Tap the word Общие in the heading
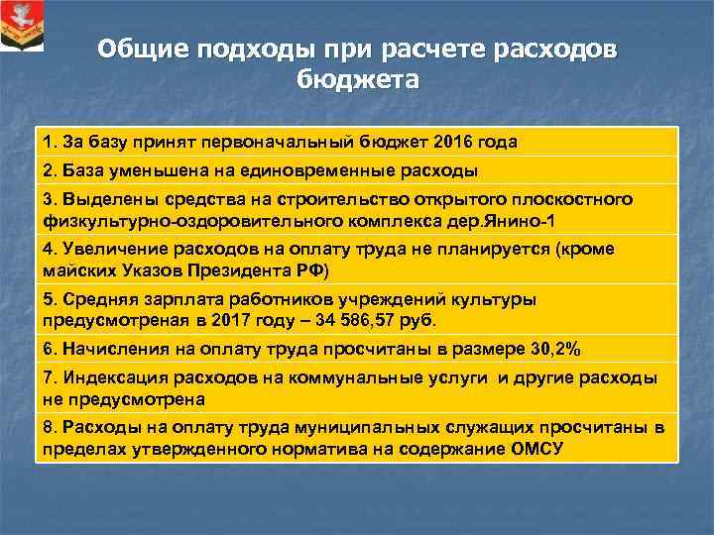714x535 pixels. coord(149,50)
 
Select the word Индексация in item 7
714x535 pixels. coord(109,378)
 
